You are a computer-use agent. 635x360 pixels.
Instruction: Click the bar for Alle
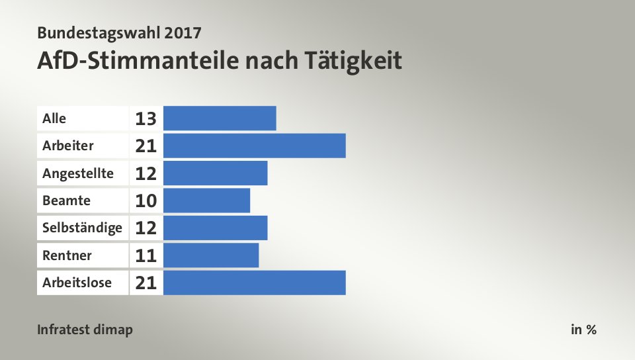(220, 118)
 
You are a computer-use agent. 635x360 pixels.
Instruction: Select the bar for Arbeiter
(255, 146)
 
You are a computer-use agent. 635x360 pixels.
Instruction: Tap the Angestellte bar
(215, 173)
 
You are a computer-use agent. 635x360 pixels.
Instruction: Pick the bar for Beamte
(206, 201)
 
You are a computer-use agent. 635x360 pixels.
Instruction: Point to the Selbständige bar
(215, 228)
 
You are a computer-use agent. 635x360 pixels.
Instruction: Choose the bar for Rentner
(211, 255)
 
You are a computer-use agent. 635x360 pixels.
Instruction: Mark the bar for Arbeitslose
(255, 283)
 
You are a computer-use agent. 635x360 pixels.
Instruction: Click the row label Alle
(54, 118)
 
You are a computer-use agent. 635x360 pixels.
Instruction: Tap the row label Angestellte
(77, 173)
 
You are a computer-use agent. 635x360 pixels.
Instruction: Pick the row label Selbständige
(82, 228)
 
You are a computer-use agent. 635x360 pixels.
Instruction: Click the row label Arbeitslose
(76, 283)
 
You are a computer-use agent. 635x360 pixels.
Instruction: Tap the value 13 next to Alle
(146, 119)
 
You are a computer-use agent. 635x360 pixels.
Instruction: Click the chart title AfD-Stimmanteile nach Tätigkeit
(220, 61)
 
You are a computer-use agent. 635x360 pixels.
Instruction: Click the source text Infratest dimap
(85, 330)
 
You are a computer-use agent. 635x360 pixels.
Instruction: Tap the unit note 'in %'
(583, 330)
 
